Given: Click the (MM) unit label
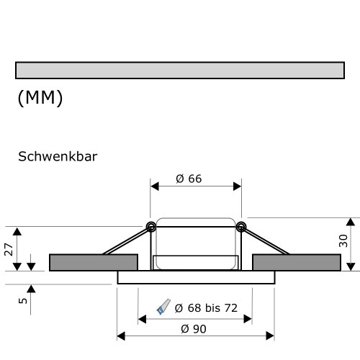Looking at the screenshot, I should pyautogui.click(x=40, y=99).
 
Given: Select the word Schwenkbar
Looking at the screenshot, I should pyautogui.click(x=57, y=156).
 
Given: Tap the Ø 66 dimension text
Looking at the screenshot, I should pyautogui.click(x=189, y=179).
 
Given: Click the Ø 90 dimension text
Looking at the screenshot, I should pyautogui.click(x=196, y=328).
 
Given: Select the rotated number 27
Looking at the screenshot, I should pyautogui.click(x=9, y=249).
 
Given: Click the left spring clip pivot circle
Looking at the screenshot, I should pyautogui.click(x=151, y=227).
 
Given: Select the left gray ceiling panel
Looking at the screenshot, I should pyautogui.click(x=93, y=262).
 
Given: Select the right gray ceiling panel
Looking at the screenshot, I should pyautogui.click(x=297, y=262).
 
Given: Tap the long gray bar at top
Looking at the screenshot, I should pyautogui.click(x=179, y=70).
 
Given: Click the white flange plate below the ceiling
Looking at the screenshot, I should pyautogui.click(x=195, y=278).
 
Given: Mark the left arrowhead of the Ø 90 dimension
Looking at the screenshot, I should pyautogui.click(x=121, y=336).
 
